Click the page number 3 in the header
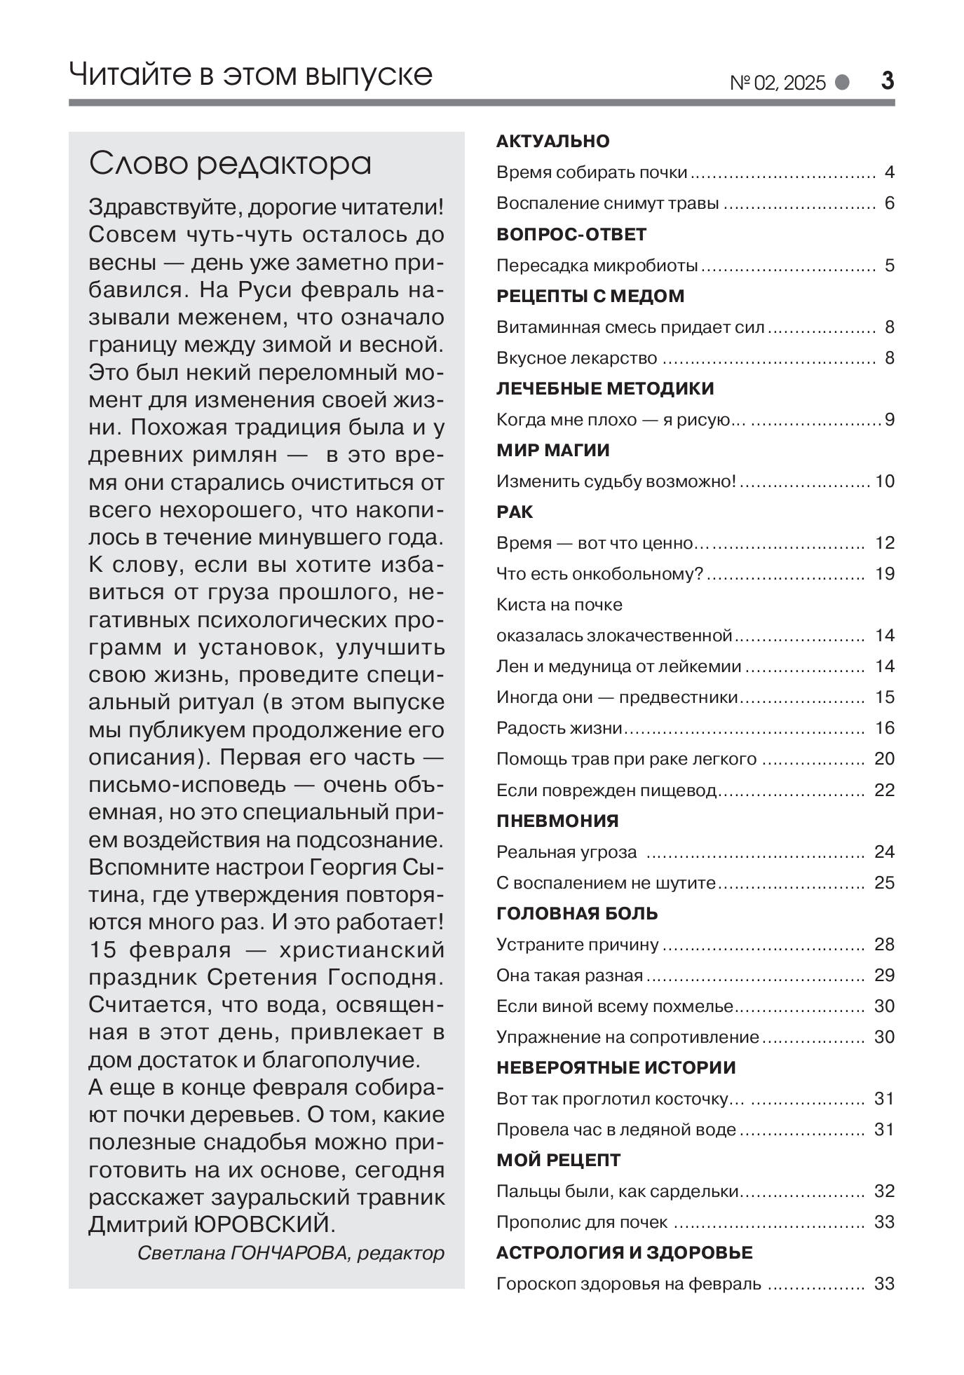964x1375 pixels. point(887,82)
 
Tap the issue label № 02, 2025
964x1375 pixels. point(778,83)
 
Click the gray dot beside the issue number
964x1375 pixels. point(842,83)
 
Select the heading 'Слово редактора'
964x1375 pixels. point(230,164)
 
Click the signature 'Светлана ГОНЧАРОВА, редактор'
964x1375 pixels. point(291,1253)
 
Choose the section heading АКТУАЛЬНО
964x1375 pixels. point(552,142)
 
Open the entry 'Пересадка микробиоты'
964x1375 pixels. point(597,266)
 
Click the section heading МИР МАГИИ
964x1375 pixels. point(552,451)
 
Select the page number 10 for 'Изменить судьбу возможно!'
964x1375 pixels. point(885,481)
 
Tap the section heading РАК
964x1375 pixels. point(515,512)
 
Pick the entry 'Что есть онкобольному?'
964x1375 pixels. point(599,574)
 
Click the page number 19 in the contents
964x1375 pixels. point(885,574)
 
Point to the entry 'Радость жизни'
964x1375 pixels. point(559,728)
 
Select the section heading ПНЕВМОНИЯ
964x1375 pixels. point(557,821)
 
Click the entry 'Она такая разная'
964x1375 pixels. point(569,975)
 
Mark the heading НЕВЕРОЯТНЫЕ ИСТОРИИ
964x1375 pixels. point(616,1067)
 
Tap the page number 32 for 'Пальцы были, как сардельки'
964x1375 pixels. point(885,1191)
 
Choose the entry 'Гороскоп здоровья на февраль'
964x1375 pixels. point(628,1283)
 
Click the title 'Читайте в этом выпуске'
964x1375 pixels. point(250,74)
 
